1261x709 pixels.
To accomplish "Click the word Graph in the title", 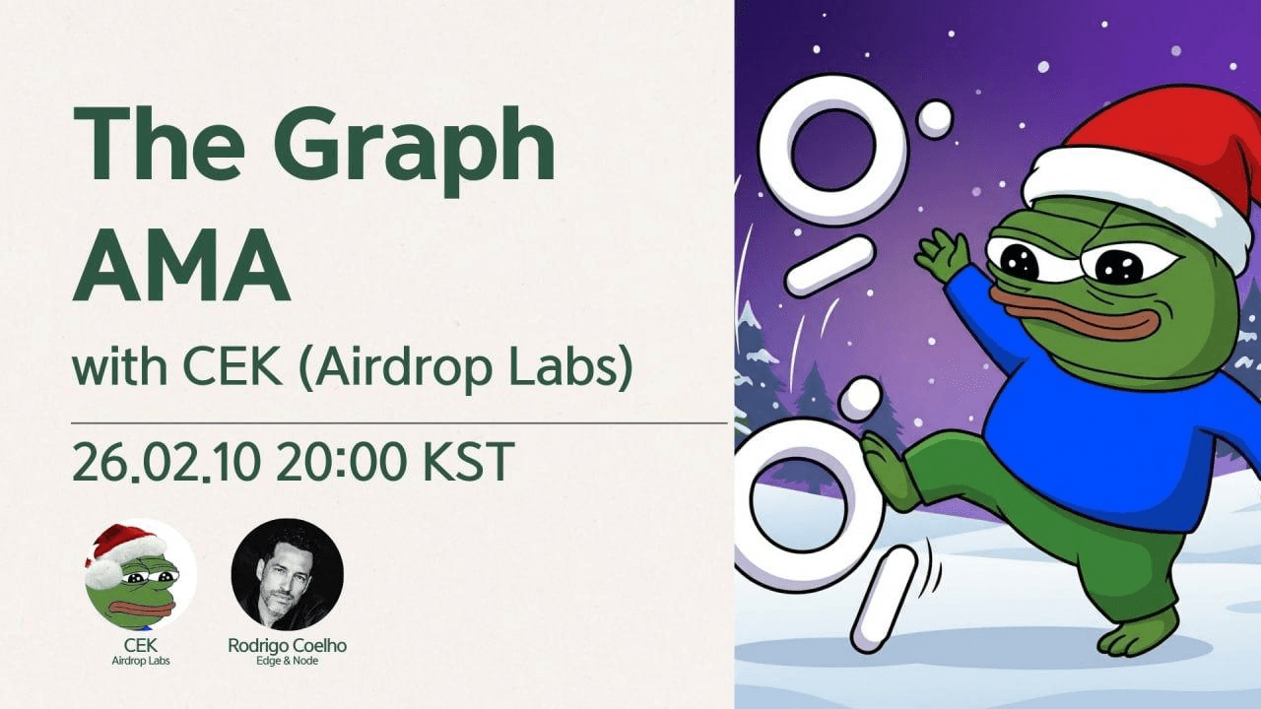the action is click(415, 149).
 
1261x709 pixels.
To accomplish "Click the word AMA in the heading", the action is click(181, 265).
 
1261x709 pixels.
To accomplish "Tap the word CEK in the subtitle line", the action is click(232, 367).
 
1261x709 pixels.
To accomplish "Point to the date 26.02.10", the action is click(166, 462).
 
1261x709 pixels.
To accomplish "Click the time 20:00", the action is click(342, 462).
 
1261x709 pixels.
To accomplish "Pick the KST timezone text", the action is click(468, 462).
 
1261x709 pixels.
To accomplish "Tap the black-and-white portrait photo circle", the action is click(287, 574).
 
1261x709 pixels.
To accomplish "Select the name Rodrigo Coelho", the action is click(287, 645).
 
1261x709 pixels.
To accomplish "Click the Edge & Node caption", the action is click(287, 661).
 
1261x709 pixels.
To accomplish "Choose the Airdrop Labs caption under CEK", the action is click(141, 661).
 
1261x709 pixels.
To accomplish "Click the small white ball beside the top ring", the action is click(936, 119).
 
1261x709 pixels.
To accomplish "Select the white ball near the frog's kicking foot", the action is click(859, 399).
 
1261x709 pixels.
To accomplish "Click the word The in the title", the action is click(159, 143).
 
